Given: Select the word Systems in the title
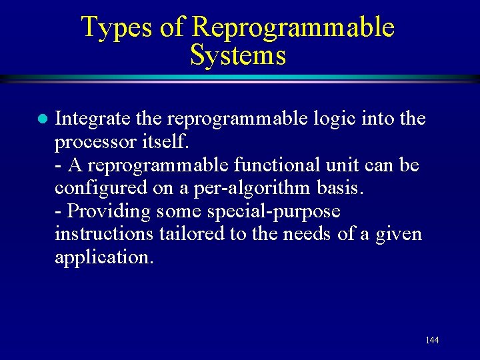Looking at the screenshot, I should click(x=238, y=55).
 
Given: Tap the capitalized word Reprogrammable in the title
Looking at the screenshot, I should click(x=293, y=27).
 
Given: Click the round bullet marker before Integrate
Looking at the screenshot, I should click(x=41, y=120).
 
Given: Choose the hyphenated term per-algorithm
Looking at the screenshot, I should click(x=246, y=189).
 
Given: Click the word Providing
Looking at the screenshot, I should click(x=110, y=212).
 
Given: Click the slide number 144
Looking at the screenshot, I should click(x=431, y=341).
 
